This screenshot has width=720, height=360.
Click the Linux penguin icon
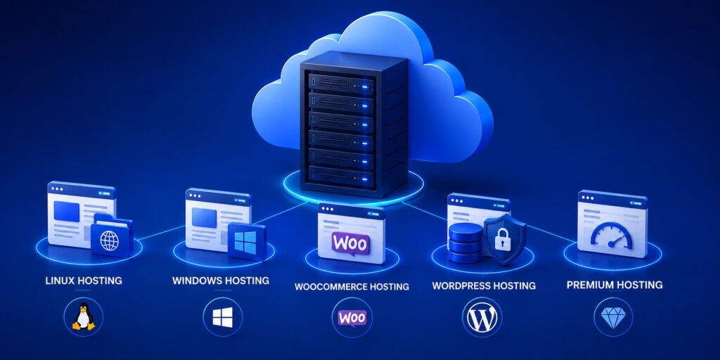84,316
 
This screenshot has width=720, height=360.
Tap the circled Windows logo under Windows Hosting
223,317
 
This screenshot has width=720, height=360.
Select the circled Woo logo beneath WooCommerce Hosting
352,318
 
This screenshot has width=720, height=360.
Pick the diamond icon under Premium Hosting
613,318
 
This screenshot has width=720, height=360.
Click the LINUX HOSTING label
84,281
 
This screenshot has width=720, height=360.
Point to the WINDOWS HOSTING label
221,281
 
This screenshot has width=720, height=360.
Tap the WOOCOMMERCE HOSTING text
352,287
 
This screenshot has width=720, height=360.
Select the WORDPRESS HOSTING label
484,286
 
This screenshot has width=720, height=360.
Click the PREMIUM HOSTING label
615,285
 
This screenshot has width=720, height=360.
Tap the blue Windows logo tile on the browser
247,242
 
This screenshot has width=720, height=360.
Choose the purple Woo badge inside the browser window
351,243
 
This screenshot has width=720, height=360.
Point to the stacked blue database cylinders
465,243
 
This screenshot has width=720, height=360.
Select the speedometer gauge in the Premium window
611,236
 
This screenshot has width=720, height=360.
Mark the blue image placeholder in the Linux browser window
66,212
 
